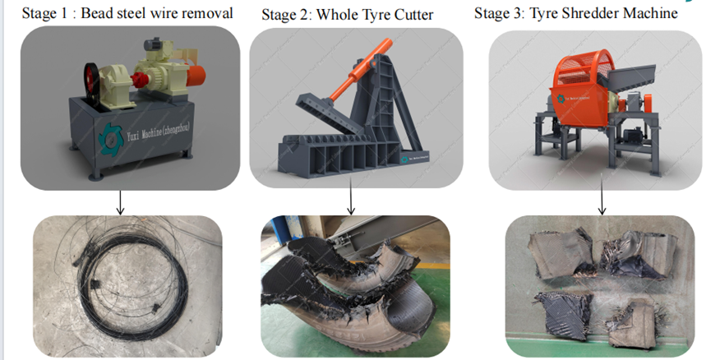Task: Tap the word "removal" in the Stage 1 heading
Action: [x=206, y=13]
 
